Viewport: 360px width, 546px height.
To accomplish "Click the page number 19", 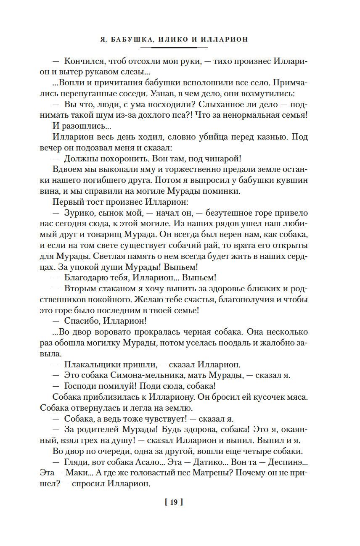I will (174, 501).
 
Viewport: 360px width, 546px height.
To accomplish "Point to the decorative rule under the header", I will (180, 48).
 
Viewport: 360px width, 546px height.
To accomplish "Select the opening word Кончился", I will (85, 61).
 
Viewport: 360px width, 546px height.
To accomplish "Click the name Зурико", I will (79, 214).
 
